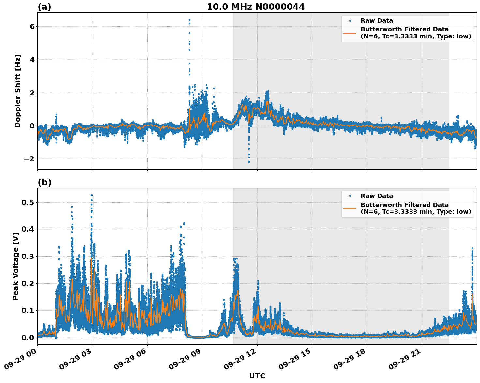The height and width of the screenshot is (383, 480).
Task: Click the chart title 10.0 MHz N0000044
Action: (x=256, y=7)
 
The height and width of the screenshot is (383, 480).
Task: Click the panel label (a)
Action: (x=44, y=7)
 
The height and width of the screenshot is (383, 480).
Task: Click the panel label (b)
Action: (x=45, y=182)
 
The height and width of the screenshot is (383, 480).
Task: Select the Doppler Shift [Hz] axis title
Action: (x=18, y=91)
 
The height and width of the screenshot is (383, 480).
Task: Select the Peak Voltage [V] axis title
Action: (x=16, y=266)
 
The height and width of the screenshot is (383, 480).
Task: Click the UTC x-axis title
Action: (x=257, y=376)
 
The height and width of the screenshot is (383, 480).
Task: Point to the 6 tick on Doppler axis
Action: (x=32, y=26)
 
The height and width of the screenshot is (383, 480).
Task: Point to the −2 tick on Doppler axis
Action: (x=29, y=159)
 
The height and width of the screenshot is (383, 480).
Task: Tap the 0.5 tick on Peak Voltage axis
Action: (x=28, y=202)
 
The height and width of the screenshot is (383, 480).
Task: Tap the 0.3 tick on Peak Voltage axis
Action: (x=28, y=256)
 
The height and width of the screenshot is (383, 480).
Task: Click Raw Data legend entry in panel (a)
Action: (x=377, y=21)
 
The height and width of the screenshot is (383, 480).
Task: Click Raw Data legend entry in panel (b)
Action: (x=377, y=196)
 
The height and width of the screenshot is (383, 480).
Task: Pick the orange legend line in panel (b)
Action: (x=350, y=208)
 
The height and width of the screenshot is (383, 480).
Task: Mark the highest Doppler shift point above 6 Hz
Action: (x=189, y=20)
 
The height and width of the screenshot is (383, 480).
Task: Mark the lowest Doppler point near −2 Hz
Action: (x=249, y=162)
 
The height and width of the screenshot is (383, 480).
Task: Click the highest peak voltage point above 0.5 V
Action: (x=92, y=195)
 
